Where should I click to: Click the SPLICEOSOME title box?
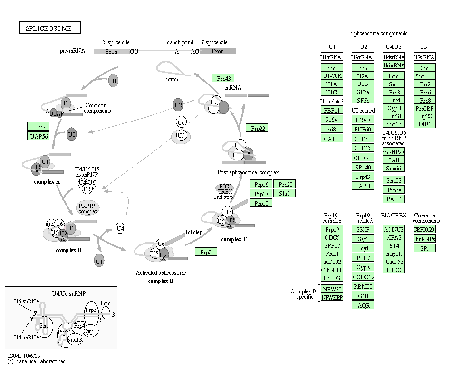coord(50,28)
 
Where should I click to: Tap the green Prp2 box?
coord(206,252)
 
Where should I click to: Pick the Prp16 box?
coord(261,184)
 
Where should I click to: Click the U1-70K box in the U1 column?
coord(332,75)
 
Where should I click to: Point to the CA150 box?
coord(332,139)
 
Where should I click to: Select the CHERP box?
coord(363,158)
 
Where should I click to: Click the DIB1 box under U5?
coord(424,124)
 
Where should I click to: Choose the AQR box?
coord(363,305)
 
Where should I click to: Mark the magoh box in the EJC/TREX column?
coord(394,253)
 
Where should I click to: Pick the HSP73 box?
coord(332,278)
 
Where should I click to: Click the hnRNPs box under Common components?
coord(424,239)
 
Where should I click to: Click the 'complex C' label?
coord(234,239)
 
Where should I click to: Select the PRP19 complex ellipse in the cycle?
coord(88,207)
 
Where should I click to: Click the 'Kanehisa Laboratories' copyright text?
coord(36,361)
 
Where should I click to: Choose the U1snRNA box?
coord(332,57)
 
